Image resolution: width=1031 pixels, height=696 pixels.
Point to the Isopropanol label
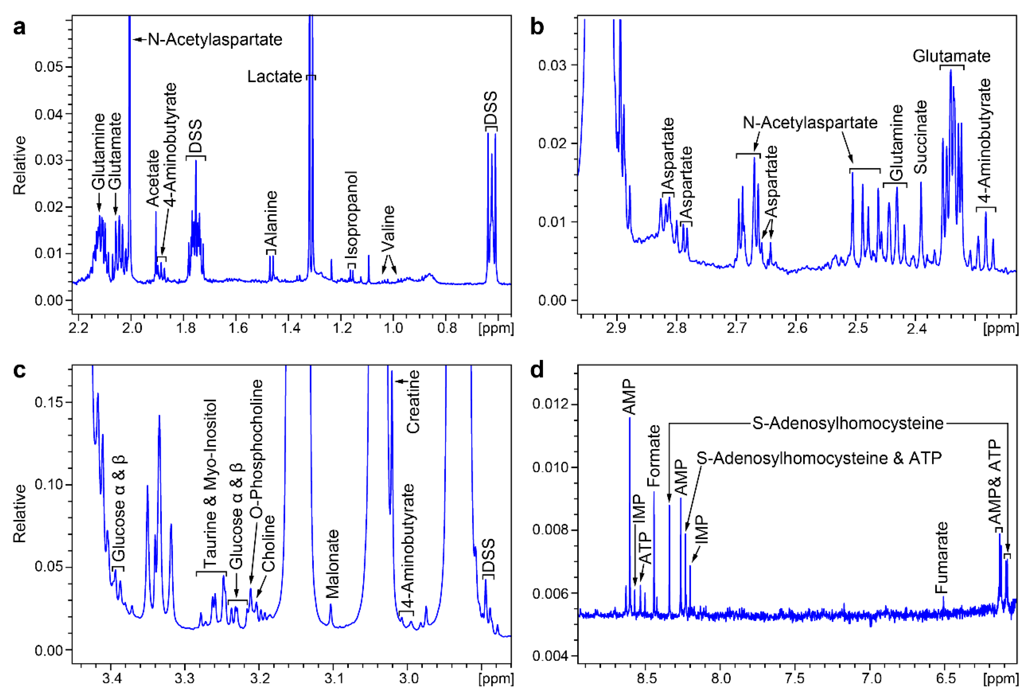pyautogui.click(x=352, y=215)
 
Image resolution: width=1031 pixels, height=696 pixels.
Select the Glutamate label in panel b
pyautogui.click(x=951, y=56)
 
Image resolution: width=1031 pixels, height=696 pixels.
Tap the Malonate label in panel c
pyautogui.click(x=332, y=564)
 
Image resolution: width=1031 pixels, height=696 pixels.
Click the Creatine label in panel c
pyautogui.click(x=413, y=402)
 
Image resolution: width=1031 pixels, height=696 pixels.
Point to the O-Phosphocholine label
pyautogui.click(x=256, y=449)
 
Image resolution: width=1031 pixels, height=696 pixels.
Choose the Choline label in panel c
pyautogui.click(x=268, y=543)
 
